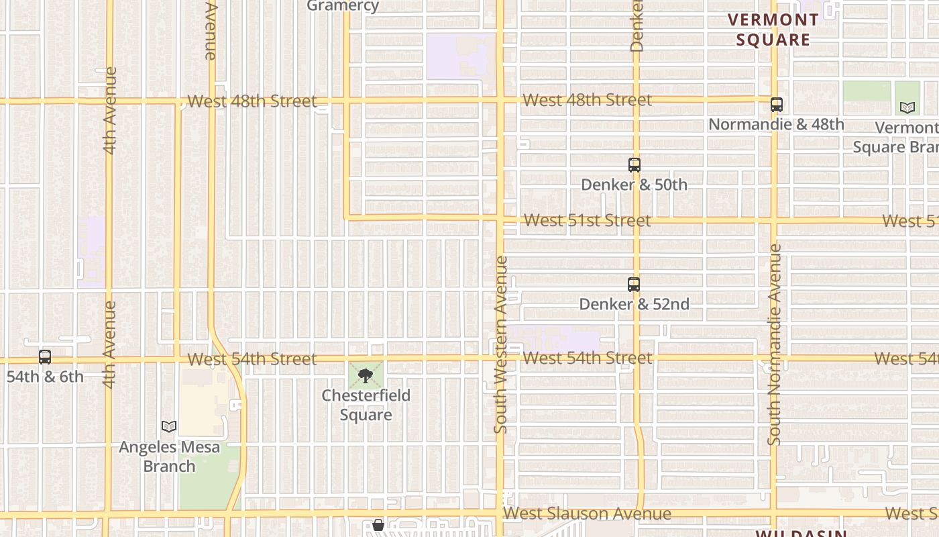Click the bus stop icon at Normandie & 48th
pos(776,105)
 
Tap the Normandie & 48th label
pos(776,124)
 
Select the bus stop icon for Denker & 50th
pos(634,164)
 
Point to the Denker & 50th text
pos(634,184)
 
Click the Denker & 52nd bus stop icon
pos(634,285)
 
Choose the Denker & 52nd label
pos(634,304)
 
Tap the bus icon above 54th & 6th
pos(45,357)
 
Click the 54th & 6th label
pos(45,377)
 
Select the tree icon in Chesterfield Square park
pos(366,375)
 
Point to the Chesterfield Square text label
pos(366,405)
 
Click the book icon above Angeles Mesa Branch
pos(169,426)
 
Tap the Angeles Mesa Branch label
pos(169,456)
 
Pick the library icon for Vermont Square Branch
pos(907,107)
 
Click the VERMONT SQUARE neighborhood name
pos(773,30)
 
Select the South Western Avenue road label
pos(500,344)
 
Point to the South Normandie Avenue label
pos(775,344)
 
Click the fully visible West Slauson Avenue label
pos(587,514)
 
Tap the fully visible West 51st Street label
pos(587,220)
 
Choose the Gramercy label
pos(343,6)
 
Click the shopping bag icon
pos(378,525)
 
